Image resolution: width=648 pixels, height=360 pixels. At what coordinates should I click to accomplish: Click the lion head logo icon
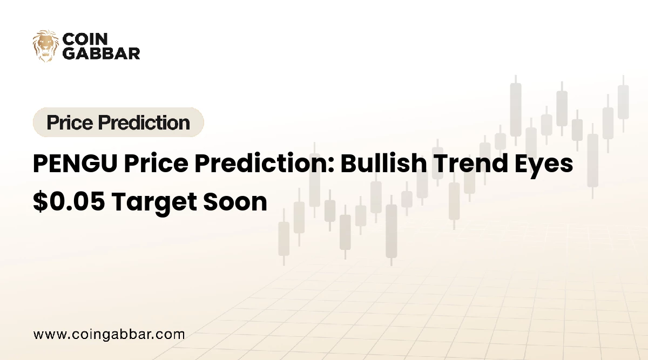[x=45, y=45]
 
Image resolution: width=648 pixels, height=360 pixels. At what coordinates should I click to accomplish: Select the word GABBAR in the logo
[x=102, y=53]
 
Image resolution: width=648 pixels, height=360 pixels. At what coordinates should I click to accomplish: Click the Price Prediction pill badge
[x=118, y=123]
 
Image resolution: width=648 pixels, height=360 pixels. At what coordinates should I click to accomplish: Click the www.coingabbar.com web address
[x=109, y=335]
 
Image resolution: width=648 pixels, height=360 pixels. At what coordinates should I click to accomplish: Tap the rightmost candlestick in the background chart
[x=623, y=103]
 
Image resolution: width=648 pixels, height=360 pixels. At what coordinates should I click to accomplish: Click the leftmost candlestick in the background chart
[x=283, y=237]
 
